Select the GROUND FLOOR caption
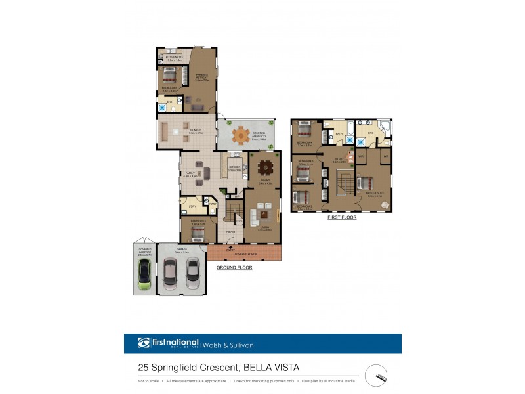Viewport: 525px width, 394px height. click(x=234, y=267)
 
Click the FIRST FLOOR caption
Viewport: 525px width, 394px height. click(x=342, y=217)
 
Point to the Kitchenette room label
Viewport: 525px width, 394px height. click(x=173, y=58)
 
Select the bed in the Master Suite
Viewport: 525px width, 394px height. click(x=365, y=183)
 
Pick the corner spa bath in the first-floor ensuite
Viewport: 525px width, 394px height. click(x=385, y=127)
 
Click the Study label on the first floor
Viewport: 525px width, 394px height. click(x=339, y=159)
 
